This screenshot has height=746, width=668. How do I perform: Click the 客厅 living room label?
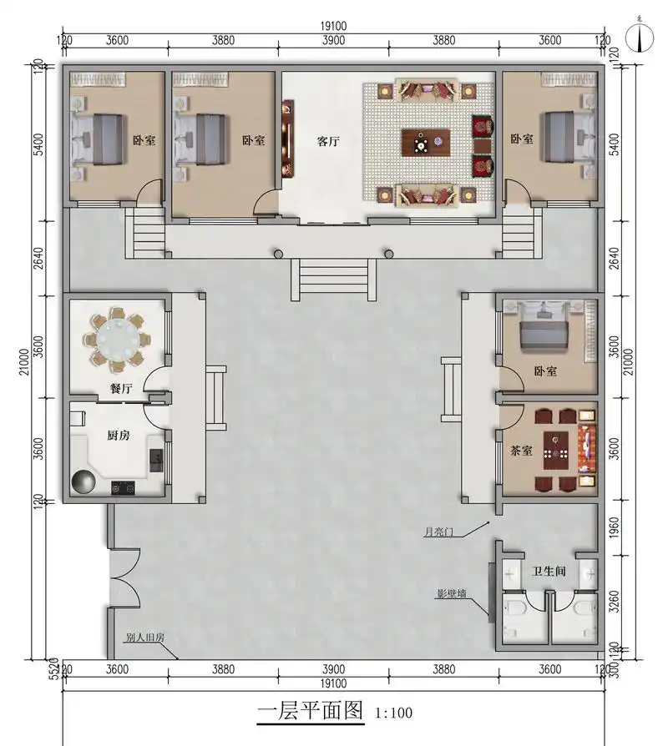328,141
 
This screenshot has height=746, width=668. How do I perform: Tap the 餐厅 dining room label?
121,389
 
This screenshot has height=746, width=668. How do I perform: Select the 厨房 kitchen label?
118,435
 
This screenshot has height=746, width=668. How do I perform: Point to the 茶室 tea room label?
521,451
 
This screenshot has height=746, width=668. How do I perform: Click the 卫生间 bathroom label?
549,571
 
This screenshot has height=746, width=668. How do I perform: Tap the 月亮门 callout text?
438,532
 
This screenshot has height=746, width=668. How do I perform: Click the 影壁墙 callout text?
452,594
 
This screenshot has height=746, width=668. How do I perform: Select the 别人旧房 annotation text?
145,638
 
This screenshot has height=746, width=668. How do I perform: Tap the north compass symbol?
640,36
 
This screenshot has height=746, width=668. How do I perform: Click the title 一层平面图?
311,711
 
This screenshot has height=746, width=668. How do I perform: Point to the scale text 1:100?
394,713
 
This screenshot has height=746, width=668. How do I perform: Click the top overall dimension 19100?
333,26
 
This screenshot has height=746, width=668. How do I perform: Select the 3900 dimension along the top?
333,40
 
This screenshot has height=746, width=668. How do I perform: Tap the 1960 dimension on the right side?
615,527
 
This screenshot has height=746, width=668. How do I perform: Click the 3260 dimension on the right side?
615,602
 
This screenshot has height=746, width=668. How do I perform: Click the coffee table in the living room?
426,142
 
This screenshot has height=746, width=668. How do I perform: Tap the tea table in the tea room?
555,450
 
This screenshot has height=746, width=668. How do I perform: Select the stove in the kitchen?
123,488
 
